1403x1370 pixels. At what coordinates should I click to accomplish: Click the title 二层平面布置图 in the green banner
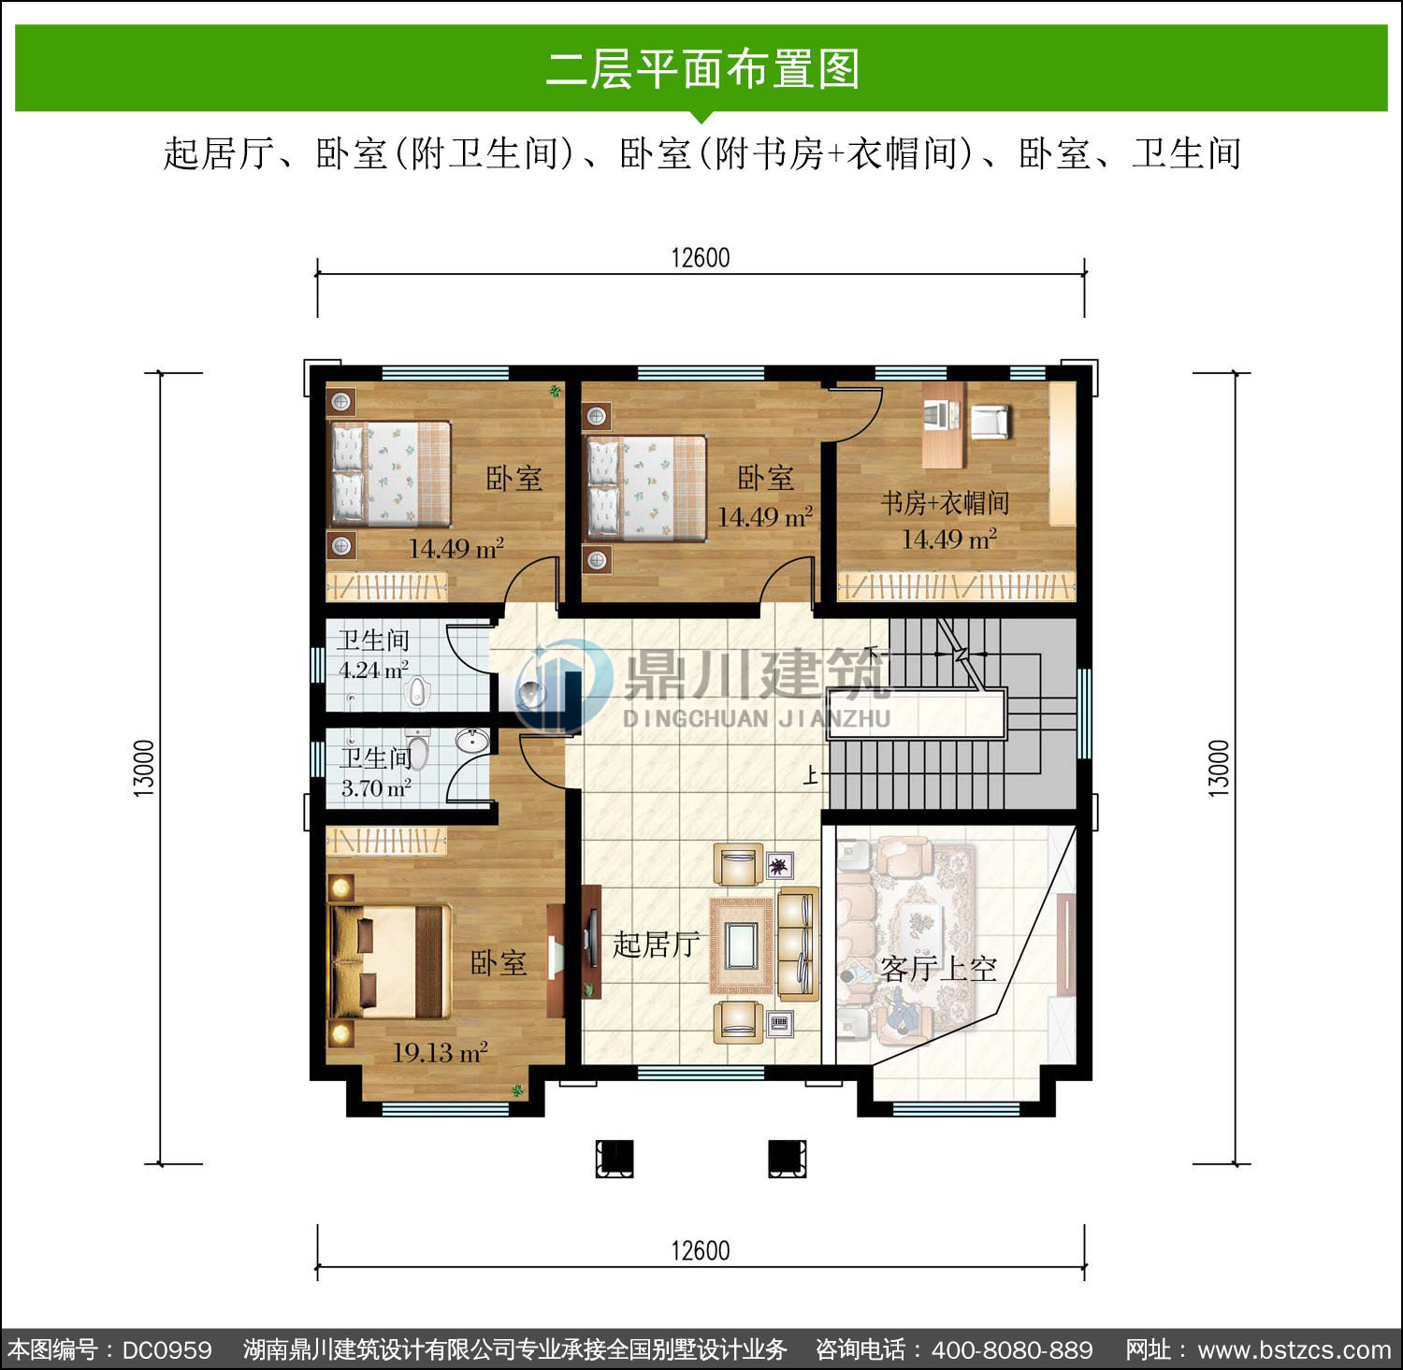(x=701, y=69)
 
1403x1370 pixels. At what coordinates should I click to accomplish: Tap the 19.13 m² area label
(x=440, y=1053)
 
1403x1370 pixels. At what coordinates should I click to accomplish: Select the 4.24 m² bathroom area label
(x=373, y=671)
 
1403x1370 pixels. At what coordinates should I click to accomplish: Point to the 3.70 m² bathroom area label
(x=376, y=788)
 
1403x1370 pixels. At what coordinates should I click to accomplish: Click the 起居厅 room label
(x=656, y=945)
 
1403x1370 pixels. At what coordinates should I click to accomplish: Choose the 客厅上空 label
(x=938, y=969)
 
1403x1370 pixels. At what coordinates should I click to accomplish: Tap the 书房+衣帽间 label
(x=945, y=503)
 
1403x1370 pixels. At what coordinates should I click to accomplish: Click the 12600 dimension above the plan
(x=701, y=258)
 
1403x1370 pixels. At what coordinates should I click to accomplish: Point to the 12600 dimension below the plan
(x=701, y=1250)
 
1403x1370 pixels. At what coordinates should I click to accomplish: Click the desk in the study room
(x=943, y=425)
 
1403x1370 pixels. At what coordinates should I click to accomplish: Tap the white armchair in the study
(x=990, y=422)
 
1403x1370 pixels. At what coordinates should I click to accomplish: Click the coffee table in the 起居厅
(x=741, y=945)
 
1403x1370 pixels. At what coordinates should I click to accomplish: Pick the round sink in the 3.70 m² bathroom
(x=472, y=742)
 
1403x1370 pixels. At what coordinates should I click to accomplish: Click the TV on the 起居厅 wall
(x=591, y=939)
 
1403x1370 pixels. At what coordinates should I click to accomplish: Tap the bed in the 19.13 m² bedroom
(x=387, y=960)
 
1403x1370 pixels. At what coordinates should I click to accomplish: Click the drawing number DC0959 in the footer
(x=166, y=1350)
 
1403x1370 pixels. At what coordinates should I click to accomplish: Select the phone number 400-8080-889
(x=1012, y=1350)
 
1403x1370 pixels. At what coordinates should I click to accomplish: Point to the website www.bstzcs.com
(x=1295, y=1350)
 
